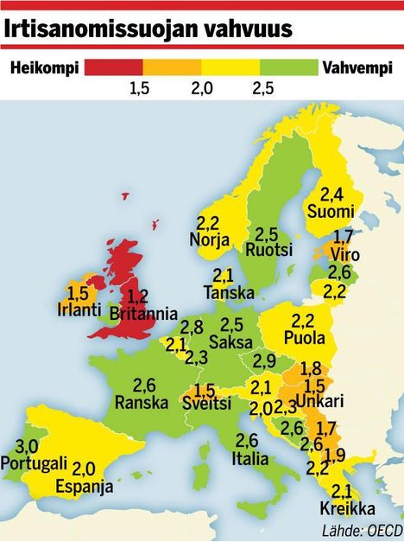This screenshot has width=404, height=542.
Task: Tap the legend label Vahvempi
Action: click(x=356, y=67)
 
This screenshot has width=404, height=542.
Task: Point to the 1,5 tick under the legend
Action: click(x=141, y=87)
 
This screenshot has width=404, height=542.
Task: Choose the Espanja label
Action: click(x=84, y=487)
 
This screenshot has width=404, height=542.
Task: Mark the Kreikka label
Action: click(x=341, y=507)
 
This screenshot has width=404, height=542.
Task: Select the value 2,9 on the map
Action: click(x=265, y=360)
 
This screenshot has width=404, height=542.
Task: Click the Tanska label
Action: click(x=228, y=293)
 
